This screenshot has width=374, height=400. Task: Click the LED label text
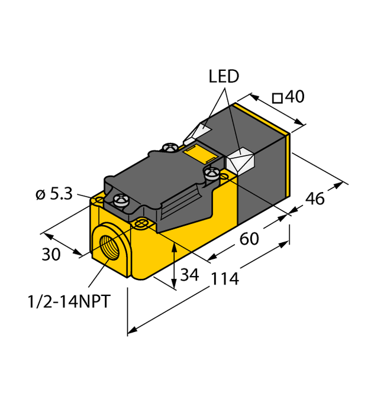pos(224,77)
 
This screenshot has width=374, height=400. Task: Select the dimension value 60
pos(249,240)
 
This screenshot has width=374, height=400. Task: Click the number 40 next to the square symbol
pos(294,97)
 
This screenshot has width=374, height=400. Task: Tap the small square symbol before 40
pos(276,98)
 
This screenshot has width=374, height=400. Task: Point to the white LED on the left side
pos(197,131)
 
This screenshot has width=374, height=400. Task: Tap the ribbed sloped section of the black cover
pos(180,204)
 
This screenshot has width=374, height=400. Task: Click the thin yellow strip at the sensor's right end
pos(289,165)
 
